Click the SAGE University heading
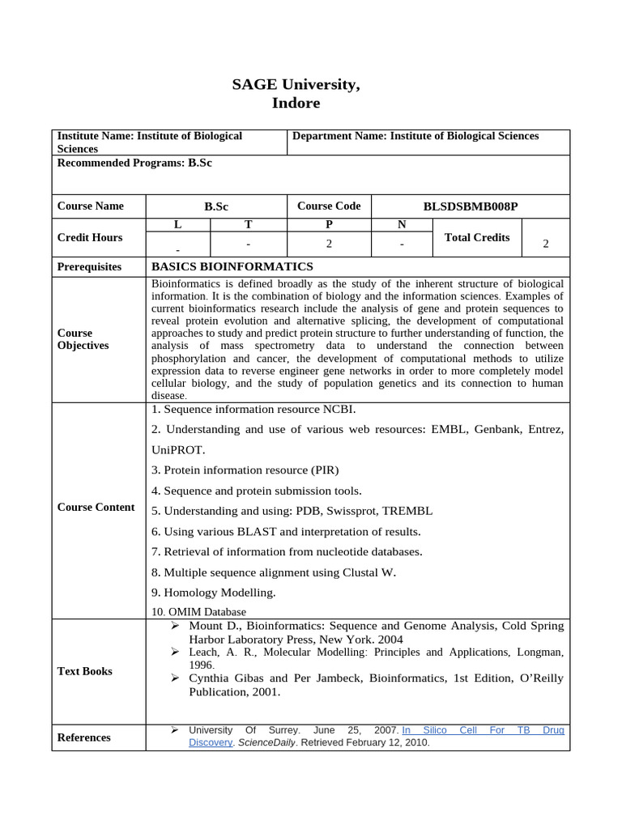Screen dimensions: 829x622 pos(296,84)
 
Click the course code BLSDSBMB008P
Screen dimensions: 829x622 pos(470,206)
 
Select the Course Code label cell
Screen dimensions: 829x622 pos(329,206)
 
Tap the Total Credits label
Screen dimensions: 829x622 pos(477,237)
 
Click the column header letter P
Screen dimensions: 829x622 pos(329,224)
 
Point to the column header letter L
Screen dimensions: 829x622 pos(177,224)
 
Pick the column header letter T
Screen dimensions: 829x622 pos(248,224)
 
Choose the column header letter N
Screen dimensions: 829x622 pos(402,224)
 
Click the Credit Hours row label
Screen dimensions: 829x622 pos(90,237)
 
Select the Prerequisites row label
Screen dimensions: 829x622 pos(89,267)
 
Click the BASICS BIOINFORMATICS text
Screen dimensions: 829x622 pos(232,266)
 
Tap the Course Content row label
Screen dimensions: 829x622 pos(96,507)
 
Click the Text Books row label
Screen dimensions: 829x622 pos(85,671)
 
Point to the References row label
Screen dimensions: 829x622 pos(84,738)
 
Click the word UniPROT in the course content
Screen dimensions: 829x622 pos(178,449)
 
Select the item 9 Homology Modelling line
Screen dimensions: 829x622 pos(214,592)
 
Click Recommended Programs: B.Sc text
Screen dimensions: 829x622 pos(134,163)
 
